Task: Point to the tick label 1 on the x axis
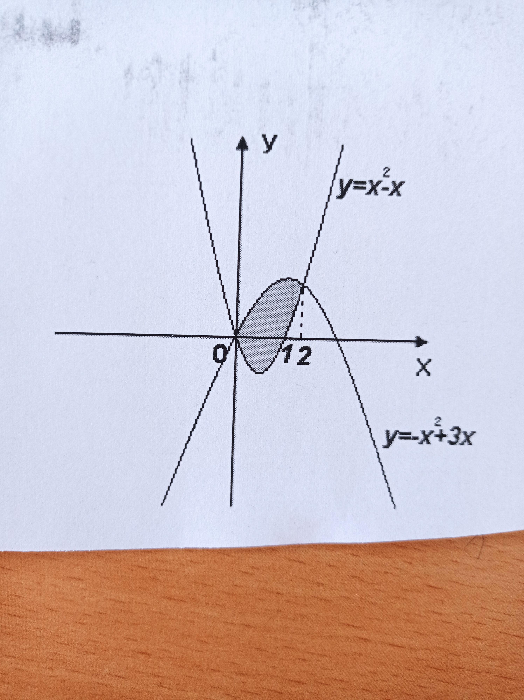288,357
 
